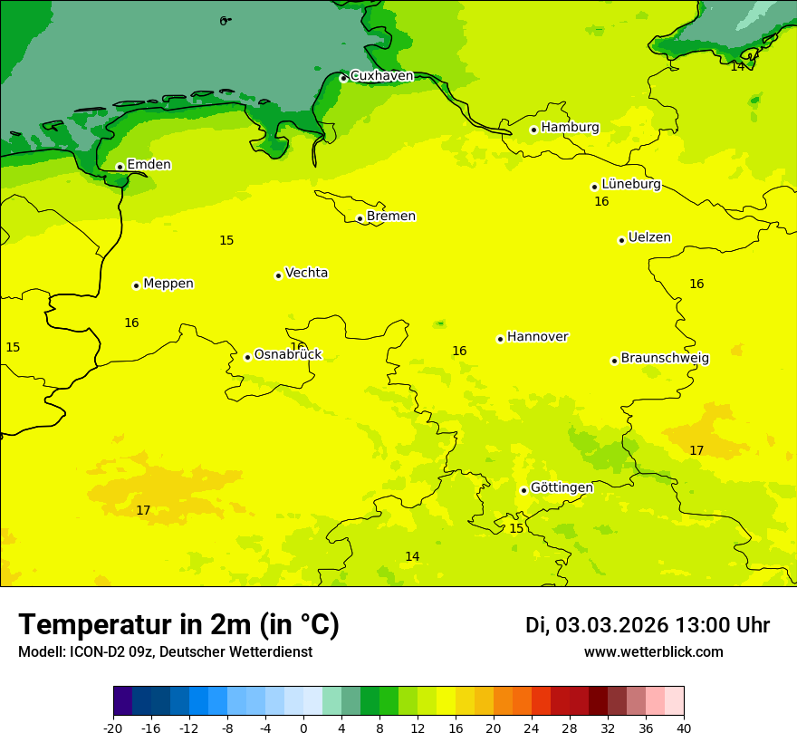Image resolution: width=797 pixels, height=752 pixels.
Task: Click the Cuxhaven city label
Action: point(381,76)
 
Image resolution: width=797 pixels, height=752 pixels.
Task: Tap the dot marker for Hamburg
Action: point(533,130)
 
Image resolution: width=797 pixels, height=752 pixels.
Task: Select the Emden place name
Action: point(149,164)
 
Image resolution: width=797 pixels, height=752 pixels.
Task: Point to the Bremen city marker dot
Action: point(360,218)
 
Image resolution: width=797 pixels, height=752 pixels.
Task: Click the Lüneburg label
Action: point(631,184)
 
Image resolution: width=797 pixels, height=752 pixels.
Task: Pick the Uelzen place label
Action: point(649,237)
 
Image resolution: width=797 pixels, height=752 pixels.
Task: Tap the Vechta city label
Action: point(306,273)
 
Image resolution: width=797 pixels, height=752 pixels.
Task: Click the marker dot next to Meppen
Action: point(136,285)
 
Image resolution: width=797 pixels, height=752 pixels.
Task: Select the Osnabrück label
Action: point(288,354)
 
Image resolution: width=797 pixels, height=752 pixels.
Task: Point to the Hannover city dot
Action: point(500,339)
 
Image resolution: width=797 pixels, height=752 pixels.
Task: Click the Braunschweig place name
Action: point(665,358)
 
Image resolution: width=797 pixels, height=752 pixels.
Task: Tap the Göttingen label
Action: point(562,487)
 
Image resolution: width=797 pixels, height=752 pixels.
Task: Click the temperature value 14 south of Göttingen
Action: point(412,556)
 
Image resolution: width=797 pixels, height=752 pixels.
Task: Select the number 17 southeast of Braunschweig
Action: point(696,450)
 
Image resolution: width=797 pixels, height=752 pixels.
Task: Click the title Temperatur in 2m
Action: point(178,624)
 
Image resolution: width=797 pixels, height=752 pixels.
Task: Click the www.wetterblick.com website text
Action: point(653,651)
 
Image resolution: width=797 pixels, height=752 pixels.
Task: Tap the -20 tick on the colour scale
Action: point(113,728)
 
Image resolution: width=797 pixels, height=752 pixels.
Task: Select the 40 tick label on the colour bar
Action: point(684,728)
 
